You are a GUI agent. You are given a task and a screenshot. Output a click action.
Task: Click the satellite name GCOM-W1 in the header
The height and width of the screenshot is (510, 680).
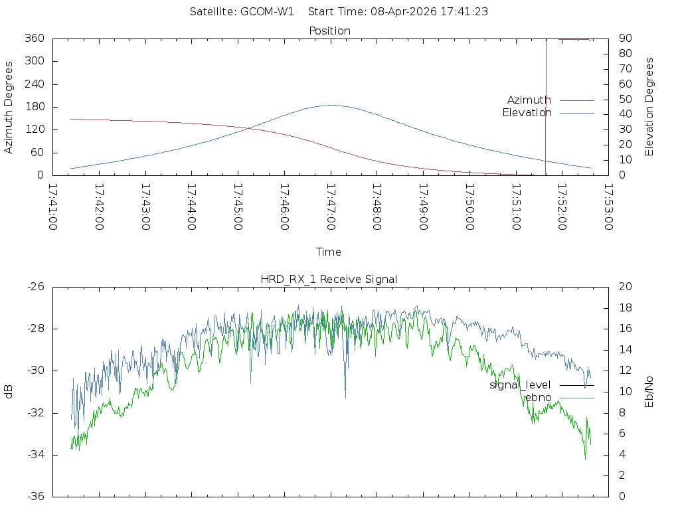point(267,11)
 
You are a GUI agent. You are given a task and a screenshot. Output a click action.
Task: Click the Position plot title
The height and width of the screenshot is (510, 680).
point(329,31)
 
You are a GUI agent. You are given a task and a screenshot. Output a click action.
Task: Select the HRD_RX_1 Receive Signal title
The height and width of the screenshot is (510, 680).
point(329,279)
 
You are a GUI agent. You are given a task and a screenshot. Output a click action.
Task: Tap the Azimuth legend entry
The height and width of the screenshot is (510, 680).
point(529,100)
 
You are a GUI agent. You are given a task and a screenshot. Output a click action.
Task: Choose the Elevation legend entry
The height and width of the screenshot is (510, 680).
point(527,113)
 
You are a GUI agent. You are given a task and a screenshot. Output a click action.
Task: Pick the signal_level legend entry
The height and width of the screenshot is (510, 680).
point(520,385)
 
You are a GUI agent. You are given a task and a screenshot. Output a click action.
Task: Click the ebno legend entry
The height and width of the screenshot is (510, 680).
point(538,398)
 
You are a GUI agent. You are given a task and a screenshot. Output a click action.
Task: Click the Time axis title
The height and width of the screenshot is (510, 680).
point(329,252)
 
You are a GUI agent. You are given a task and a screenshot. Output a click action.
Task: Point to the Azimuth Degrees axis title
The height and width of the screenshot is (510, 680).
point(9,107)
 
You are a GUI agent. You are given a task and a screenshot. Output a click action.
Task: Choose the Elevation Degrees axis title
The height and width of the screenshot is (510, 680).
point(649,107)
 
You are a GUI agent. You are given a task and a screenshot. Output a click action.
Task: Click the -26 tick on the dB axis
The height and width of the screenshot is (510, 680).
point(35,287)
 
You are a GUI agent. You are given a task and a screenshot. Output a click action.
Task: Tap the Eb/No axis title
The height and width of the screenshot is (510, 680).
point(649,392)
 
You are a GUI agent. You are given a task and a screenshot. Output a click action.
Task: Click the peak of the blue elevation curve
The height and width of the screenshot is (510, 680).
point(331,105)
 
